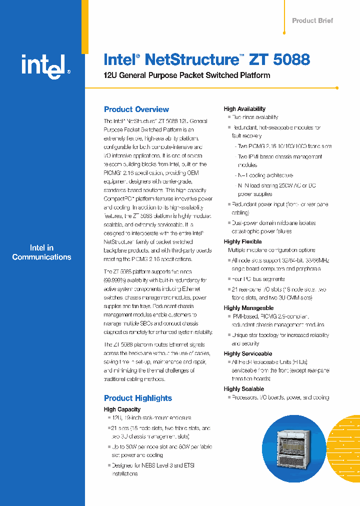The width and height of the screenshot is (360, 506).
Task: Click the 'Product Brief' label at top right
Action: [x=312, y=20]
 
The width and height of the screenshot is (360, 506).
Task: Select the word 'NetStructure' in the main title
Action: [x=190, y=59]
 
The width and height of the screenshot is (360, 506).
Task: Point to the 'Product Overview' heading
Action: [x=136, y=109]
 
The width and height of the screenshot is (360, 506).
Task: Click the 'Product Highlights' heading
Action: [x=138, y=398]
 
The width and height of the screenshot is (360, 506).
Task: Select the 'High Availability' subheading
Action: [x=244, y=108]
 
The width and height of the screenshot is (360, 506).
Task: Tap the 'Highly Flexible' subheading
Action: [x=242, y=241]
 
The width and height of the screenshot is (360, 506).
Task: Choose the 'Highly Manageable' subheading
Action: [x=248, y=308]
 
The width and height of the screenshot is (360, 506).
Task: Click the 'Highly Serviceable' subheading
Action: [x=248, y=353]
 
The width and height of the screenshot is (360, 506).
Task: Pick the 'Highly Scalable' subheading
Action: [x=244, y=388]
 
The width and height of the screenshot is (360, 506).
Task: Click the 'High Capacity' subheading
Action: [x=122, y=409]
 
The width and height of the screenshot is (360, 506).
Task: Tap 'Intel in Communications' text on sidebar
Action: [x=42, y=252]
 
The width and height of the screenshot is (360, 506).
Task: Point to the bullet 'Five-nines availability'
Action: [x=254, y=117]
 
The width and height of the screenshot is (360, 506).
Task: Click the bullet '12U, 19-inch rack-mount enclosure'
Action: [x=151, y=417]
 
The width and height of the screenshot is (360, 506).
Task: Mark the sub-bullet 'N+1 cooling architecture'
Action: [x=265, y=175]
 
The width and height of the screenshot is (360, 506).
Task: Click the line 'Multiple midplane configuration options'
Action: [x=271, y=250]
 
